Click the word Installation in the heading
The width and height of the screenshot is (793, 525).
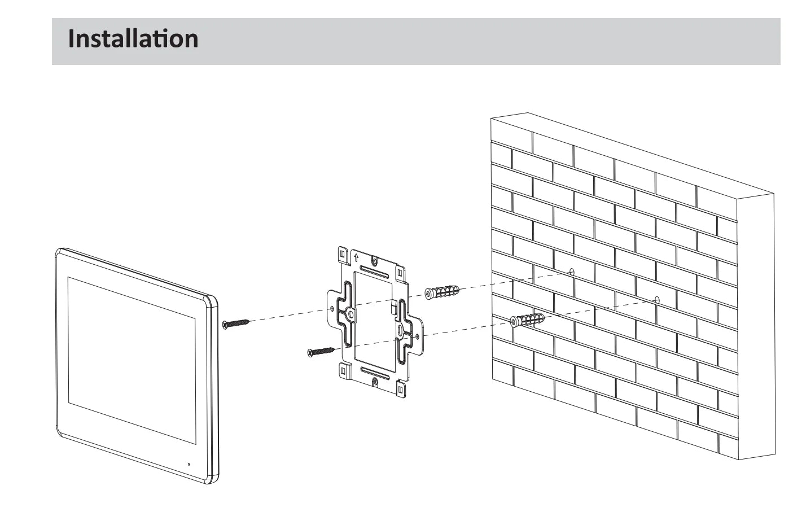(x=133, y=39)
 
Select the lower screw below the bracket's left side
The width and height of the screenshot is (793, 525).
(x=321, y=351)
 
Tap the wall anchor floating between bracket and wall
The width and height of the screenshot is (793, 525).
(x=441, y=292)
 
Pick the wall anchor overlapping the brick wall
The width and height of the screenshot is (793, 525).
(x=527, y=320)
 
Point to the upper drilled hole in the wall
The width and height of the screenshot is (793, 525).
(x=571, y=272)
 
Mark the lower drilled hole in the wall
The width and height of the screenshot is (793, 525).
(x=656, y=299)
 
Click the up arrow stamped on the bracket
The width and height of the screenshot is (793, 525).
(x=356, y=258)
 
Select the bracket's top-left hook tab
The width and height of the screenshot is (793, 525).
(x=342, y=254)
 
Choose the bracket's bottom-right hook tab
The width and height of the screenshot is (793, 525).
(x=400, y=389)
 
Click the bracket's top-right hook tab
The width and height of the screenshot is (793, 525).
(x=400, y=273)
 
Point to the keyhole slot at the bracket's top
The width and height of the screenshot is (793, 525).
(x=374, y=261)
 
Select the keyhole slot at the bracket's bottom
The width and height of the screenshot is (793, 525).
(x=375, y=382)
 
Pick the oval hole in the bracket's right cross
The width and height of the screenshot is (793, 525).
(x=399, y=330)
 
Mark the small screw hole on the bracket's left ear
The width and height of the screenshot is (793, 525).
(x=331, y=308)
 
